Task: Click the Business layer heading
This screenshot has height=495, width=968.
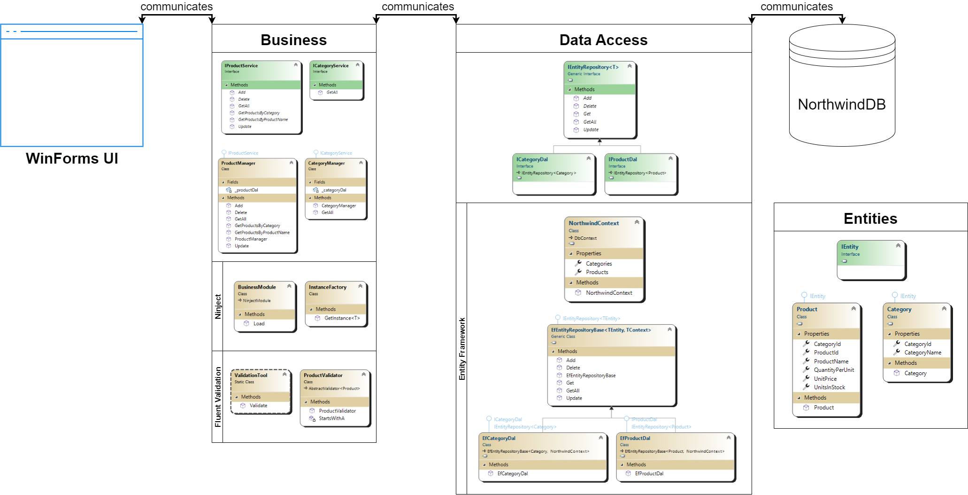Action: pyautogui.click(x=293, y=40)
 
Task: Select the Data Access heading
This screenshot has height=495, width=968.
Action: pyautogui.click(x=603, y=40)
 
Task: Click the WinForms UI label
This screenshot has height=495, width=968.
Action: pyautogui.click(x=72, y=158)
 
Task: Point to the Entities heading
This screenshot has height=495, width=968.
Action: pyautogui.click(x=870, y=219)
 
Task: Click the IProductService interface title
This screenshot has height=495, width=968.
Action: pyautogui.click(x=241, y=66)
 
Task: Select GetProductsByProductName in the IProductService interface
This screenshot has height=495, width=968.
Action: pyautogui.click(x=263, y=120)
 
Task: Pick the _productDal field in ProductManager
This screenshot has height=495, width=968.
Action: pyautogui.click(x=246, y=190)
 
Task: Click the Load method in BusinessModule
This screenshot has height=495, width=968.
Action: pyautogui.click(x=259, y=323)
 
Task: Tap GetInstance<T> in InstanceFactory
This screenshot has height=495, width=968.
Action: pyautogui.click(x=342, y=318)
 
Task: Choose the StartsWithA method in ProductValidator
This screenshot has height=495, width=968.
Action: pyautogui.click(x=331, y=418)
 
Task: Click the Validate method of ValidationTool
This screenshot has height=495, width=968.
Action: pyautogui.click(x=258, y=406)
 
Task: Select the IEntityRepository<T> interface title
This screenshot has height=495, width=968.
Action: pyautogui.click(x=593, y=67)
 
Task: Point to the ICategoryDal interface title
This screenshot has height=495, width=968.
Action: pyautogui.click(x=532, y=159)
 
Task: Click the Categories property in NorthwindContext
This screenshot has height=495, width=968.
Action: pyautogui.click(x=599, y=264)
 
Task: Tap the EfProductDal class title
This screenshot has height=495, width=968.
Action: pyautogui.click(x=635, y=438)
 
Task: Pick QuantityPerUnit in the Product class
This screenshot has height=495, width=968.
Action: pyautogui.click(x=834, y=370)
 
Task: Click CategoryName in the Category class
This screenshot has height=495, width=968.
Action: pyautogui.click(x=922, y=353)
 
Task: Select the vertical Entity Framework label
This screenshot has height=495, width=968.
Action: pyautogui.click(x=462, y=349)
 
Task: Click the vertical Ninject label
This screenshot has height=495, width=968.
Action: pyautogui.click(x=218, y=306)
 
